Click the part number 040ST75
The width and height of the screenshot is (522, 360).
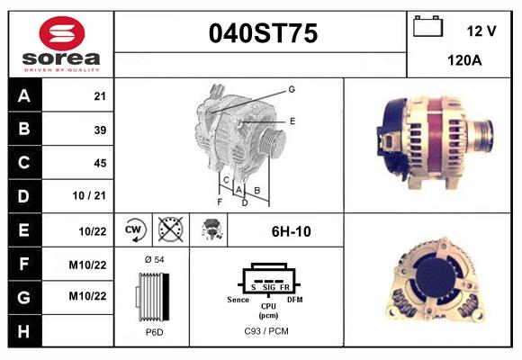click(x=262, y=33)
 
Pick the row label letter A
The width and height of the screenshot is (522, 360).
click(x=25, y=96)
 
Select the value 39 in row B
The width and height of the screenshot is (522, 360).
click(x=100, y=130)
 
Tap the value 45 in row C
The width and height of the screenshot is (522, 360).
click(x=100, y=163)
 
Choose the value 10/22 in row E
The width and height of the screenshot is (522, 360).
click(x=94, y=230)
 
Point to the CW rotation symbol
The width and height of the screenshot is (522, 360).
click(x=134, y=230)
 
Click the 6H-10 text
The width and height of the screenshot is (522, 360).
click(x=291, y=231)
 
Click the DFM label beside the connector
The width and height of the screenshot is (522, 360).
click(x=294, y=298)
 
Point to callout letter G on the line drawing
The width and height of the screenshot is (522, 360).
click(x=292, y=89)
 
